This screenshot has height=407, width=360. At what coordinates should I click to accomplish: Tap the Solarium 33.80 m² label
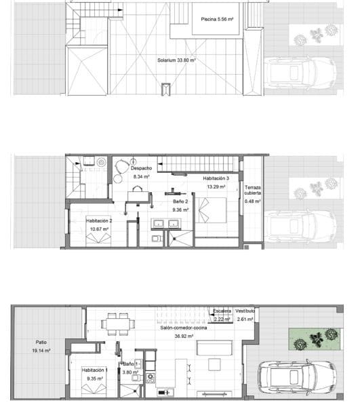pos(176,60)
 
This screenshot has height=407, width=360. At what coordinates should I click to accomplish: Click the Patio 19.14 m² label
pos(41,347)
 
